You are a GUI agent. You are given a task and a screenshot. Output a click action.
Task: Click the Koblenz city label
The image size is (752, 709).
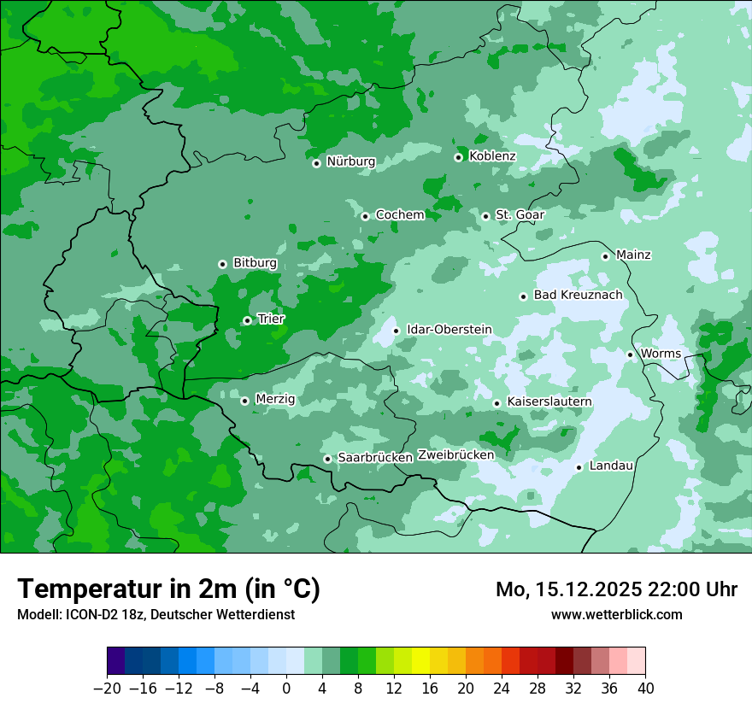[492, 156]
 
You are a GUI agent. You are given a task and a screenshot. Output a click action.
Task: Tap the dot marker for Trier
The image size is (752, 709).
[247, 320]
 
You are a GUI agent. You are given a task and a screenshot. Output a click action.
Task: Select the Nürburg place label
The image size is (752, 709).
[350, 161]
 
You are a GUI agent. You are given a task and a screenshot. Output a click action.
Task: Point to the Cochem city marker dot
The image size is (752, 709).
[365, 216]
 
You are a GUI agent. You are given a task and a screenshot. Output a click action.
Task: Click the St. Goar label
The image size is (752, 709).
[520, 215]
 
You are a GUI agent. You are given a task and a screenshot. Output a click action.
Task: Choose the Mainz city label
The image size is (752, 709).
[633, 255]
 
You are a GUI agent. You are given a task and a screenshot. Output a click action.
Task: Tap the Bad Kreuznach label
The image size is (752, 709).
[578, 296]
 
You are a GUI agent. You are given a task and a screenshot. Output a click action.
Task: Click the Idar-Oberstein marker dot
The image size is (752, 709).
[396, 331]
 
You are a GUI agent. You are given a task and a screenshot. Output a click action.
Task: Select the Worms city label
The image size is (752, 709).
[661, 354]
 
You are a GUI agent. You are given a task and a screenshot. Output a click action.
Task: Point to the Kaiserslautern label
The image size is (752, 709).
[549, 401]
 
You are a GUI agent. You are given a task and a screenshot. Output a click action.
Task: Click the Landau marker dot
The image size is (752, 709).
[579, 467]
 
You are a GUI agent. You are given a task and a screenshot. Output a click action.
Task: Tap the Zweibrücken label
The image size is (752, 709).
[455, 455]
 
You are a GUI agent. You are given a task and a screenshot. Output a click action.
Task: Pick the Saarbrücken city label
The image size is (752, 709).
[375, 458]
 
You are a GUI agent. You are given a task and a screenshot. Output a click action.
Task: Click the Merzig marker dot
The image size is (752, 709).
[244, 401]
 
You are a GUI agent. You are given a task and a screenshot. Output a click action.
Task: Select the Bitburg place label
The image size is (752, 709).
[255, 263]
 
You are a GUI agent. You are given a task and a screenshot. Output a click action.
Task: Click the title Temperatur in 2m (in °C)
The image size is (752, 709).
[168, 589]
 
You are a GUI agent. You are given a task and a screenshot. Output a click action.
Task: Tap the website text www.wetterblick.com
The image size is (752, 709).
[616, 614]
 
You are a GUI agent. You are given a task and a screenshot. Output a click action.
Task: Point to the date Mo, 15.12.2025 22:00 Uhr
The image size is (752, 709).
[616, 589]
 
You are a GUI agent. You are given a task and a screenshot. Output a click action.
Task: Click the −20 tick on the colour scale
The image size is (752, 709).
[107, 688]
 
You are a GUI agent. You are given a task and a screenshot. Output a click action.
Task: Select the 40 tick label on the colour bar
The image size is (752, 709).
[644, 688]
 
